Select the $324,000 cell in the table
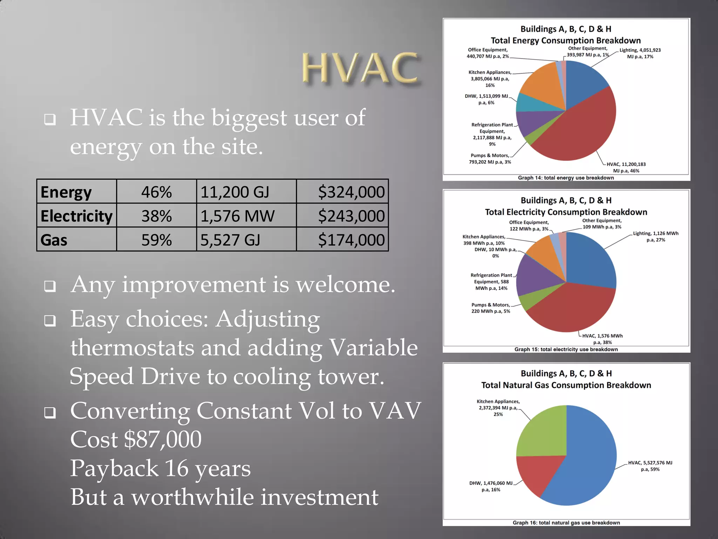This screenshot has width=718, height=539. pyautogui.click(x=351, y=192)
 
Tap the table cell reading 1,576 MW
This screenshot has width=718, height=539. pyautogui.click(x=237, y=216)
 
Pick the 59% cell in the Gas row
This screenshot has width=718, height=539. pyautogui.click(x=156, y=240)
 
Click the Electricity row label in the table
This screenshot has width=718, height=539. pyautogui.click(x=76, y=216)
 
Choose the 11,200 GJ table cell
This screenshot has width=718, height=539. pyautogui.click(x=235, y=192)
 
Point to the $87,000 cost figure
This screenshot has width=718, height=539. pyautogui.click(x=163, y=439)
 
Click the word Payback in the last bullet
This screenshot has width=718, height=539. pyautogui.click(x=114, y=468)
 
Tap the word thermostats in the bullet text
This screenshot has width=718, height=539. pyautogui.click(x=132, y=348)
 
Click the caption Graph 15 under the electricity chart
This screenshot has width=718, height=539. pyautogui.click(x=566, y=349)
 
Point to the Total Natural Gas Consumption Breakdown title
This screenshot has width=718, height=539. pyautogui.click(x=566, y=385)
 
